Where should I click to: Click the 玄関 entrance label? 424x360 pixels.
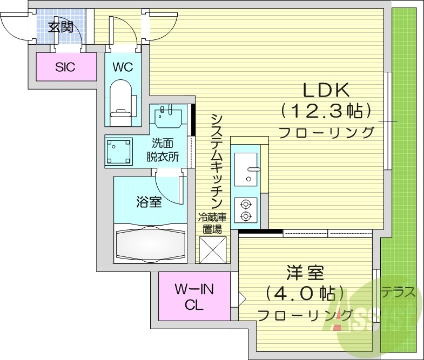[60, 27]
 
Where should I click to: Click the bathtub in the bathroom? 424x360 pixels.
[151, 243]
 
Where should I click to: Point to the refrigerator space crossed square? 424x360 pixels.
[212, 249]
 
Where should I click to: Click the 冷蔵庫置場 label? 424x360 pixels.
[211, 223]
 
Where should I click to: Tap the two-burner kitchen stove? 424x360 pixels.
[246, 210]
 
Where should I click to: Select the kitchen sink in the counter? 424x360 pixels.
[247, 168]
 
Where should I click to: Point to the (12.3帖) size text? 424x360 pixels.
[326, 111]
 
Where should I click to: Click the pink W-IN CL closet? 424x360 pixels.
[194, 297]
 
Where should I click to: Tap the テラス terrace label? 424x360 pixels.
[400, 293]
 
